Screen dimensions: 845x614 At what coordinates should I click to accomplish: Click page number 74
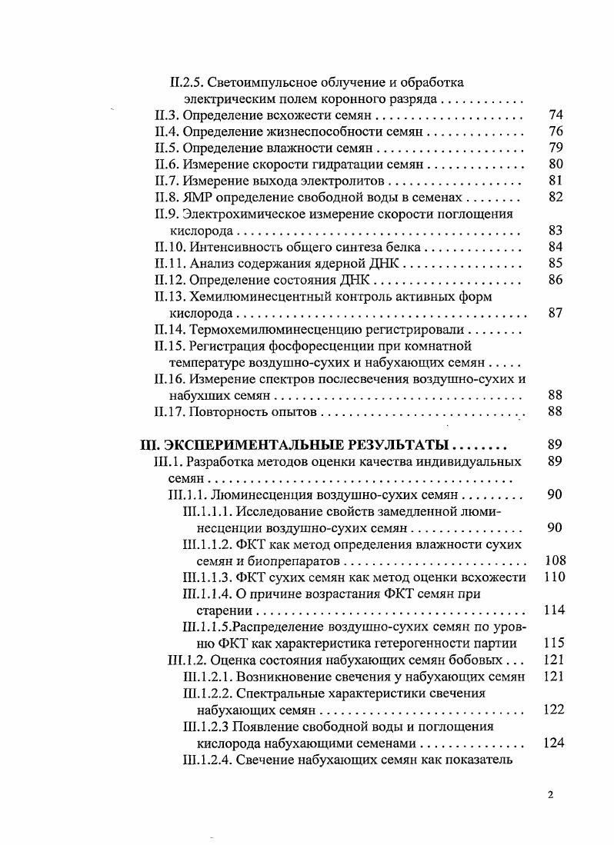(556, 115)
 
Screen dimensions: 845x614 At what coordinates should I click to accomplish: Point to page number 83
(556, 231)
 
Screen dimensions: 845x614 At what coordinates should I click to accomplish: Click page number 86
(556, 280)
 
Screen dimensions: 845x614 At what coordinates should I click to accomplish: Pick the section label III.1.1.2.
(210, 544)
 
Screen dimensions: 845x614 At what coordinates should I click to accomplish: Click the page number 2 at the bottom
(550, 796)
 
